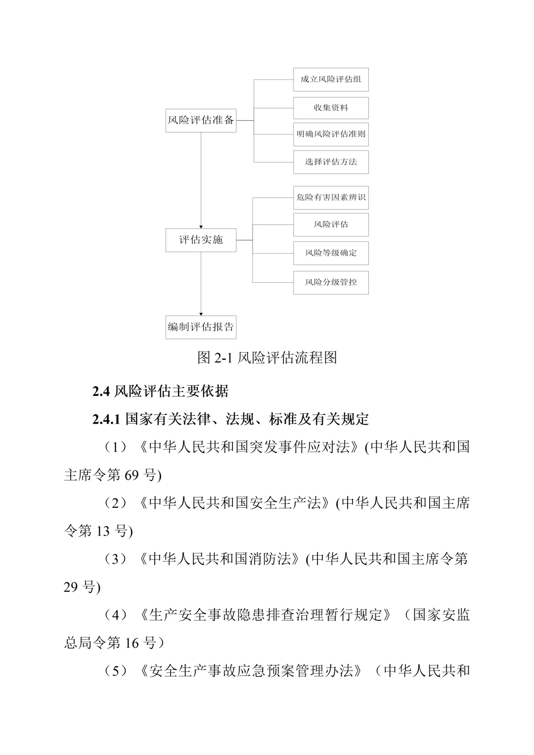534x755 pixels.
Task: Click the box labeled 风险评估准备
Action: click(x=201, y=120)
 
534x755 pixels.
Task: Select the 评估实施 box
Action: click(x=201, y=240)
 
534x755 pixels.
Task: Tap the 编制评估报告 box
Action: click(x=201, y=327)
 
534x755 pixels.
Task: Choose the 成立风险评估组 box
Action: click(x=331, y=80)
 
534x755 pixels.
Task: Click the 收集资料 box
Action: click(x=331, y=108)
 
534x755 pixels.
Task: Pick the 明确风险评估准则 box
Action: click(x=331, y=134)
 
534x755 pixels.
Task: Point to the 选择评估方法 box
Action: click(x=331, y=162)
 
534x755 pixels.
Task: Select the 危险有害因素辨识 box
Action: click(x=331, y=198)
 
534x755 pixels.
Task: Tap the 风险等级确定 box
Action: click(x=331, y=253)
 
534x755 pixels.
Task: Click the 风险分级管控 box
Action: click(x=331, y=283)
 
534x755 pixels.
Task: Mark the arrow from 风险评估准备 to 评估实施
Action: click(x=201, y=180)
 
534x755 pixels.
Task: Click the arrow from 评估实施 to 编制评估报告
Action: click(x=201, y=284)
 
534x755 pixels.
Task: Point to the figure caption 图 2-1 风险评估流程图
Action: click(x=267, y=357)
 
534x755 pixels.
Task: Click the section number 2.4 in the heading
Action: click(x=100, y=392)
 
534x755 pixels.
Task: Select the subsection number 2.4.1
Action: click(x=106, y=420)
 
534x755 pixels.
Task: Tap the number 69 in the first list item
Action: click(x=132, y=476)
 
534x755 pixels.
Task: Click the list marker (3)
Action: click(x=116, y=559)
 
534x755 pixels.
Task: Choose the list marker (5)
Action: click(x=116, y=671)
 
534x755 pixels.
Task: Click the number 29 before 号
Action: click(x=71, y=587)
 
